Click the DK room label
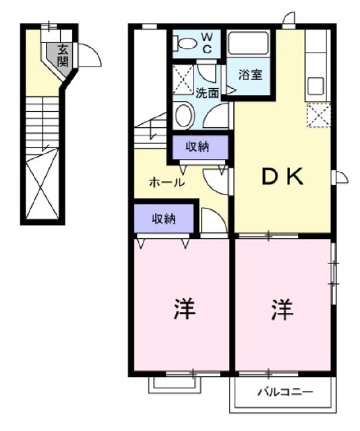pos(283,176)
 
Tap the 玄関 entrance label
pos(63,55)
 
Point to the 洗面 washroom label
pos(207,94)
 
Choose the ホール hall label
pos(166,182)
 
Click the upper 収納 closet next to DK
pos(198,147)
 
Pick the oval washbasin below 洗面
pos(183,115)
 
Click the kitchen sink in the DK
pos(316,86)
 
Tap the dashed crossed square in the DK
pos(318,115)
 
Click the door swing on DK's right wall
pos(340,177)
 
